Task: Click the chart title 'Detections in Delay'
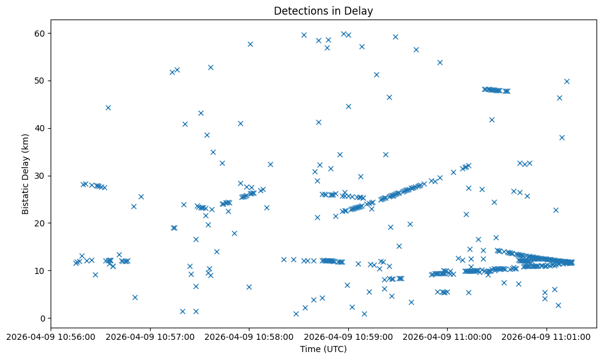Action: click(323, 10)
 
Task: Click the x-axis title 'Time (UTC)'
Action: click(323, 349)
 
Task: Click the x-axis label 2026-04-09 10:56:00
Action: click(51, 336)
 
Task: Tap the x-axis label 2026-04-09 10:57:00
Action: click(150, 336)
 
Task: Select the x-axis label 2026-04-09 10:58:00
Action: click(249, 336)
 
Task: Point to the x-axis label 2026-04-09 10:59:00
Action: click(348, 336)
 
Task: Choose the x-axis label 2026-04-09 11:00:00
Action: click(448, 336)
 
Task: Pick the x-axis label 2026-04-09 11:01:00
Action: click(547, 336)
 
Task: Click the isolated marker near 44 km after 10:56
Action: click(108, 107)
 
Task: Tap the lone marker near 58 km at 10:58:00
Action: click(250, 44)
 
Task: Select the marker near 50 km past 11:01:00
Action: click(567, 81)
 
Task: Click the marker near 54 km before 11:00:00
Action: click(440, 62)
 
